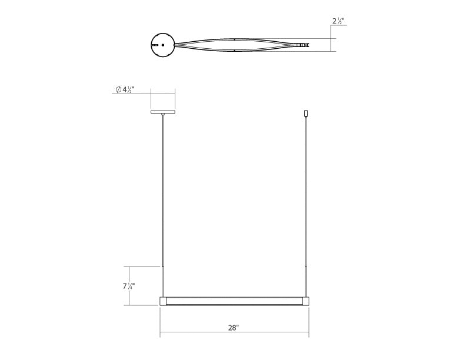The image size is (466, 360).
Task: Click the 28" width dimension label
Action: [x=234, y=328]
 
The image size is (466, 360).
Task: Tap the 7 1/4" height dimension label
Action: [x=127, y=286]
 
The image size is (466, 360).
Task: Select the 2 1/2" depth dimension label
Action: [x=338, y=22]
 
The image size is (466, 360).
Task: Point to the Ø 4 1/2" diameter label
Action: [x=124, y=89]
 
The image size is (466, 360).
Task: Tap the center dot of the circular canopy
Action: [x=163, y=45]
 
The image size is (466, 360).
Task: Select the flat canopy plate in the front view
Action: [x=163, y=112]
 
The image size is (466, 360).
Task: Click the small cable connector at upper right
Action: [x=306, y=113]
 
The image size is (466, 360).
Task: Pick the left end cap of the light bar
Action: [x=163, y=301]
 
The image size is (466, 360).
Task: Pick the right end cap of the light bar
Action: [x=306, y=301]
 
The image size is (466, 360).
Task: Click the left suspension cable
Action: [x=163, y=188]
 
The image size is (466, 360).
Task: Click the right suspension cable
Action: [x=306, y=188]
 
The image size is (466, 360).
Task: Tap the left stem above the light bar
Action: [x=163, y=281]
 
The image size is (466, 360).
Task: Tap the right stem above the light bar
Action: [x=306, y=281]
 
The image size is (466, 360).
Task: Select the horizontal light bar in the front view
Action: [x=234, y=301]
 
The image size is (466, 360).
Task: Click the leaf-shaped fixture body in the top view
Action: [x=234, y=45]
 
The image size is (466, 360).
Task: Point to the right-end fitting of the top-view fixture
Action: [x=303, y=45]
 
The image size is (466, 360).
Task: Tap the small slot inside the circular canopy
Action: [x=155, y=45]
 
